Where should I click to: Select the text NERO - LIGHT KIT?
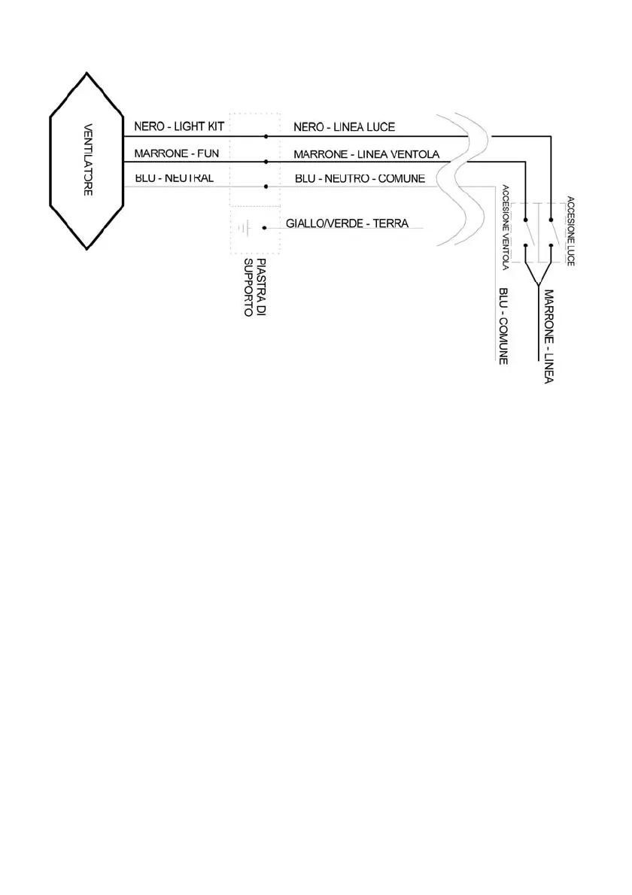tap(175, 126)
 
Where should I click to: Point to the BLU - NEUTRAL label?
tap(174, 178)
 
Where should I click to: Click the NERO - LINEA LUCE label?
tap(344, 126)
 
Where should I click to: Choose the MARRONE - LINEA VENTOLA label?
tap(366, 153)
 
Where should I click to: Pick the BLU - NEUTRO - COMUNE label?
tap(360, 179)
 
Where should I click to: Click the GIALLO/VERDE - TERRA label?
tap(347, 224)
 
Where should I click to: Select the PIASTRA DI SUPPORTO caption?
tap(255, 287)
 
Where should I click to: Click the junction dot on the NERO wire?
tap(266, 137)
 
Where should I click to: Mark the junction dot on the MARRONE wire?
tap(266, 162)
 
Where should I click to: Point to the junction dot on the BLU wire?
tap(266, 187)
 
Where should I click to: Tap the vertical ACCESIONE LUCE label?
tap(571, 230)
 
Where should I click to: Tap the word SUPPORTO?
tap(250, 287)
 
